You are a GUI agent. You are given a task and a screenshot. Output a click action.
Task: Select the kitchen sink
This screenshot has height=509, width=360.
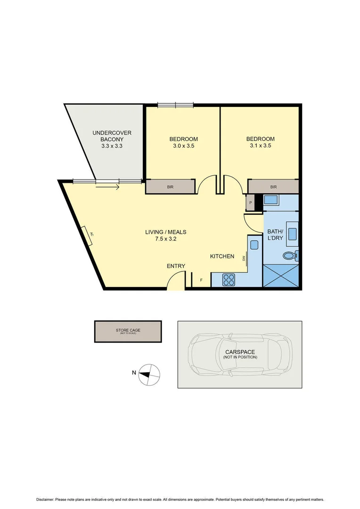pyautogui.click(x=254, y=245)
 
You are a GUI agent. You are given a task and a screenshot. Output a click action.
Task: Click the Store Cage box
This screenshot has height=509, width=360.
pyautogui.click(x=128, y=331)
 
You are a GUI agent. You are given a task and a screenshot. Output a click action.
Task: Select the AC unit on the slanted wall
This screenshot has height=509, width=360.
pyautogui.click(x=88, y=235)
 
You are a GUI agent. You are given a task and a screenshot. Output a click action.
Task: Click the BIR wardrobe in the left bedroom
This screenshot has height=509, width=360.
pyautogui.click(x=170, y=187)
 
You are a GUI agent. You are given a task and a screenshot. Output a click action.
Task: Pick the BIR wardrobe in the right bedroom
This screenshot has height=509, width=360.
pyautogui.click(x=273, y=187)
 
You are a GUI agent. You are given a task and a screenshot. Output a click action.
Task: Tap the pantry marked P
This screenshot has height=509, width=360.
pyautogui.click(x=250, y=203)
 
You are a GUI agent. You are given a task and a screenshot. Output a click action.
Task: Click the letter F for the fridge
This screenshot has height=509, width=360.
pyautogui.click(x=202, y=280)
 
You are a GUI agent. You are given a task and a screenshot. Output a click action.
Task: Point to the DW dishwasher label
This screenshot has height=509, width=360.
pyautogui.click(x=244, y=258)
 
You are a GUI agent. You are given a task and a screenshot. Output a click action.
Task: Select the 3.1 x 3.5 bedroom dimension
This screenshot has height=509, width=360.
pyautogui.click(x=260, y=146)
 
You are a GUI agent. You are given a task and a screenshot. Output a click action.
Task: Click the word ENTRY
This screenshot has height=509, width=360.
pyautogui.click(x=176, y=266)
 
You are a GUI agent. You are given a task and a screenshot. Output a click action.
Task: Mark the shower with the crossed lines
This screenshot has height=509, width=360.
pyautogui.click(x=280, y=276)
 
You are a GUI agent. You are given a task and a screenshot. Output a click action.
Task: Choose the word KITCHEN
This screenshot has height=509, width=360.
pyautogui.click(x=222, y=256)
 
